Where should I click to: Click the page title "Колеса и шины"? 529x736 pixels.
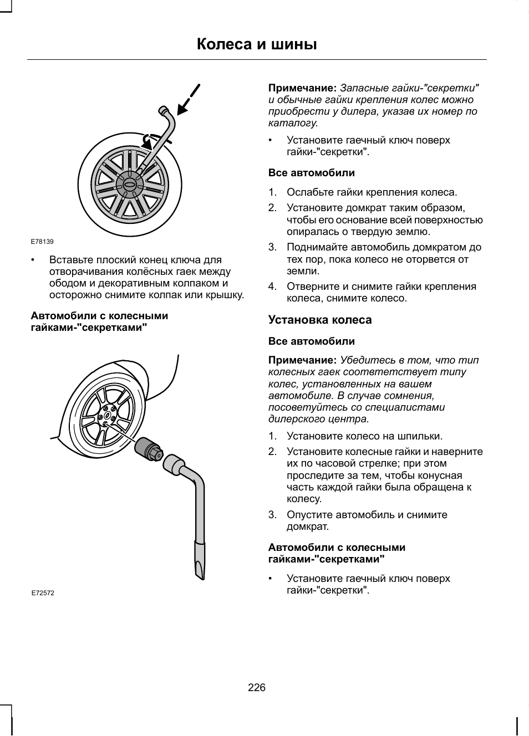coord(257,44)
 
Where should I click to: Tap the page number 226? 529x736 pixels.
coord(257,688)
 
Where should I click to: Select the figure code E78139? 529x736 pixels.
coord(42,242)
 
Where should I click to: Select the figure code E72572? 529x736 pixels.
coord(43,592)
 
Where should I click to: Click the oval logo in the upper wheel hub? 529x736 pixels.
coord(130,185)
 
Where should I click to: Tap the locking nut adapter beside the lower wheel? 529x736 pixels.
coord(149,448)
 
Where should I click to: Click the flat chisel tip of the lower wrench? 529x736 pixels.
coord(200,562)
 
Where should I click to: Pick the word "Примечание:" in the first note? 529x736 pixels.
coord(302,88)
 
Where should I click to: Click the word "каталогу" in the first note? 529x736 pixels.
coord(292,123)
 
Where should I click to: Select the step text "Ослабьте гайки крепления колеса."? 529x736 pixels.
coord(372,192)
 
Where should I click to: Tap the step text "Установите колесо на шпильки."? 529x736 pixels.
coord(364,436)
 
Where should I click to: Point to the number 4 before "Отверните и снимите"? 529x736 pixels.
coord(272,287)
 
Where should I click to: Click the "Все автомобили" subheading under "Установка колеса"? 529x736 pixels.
coord(312,341)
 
